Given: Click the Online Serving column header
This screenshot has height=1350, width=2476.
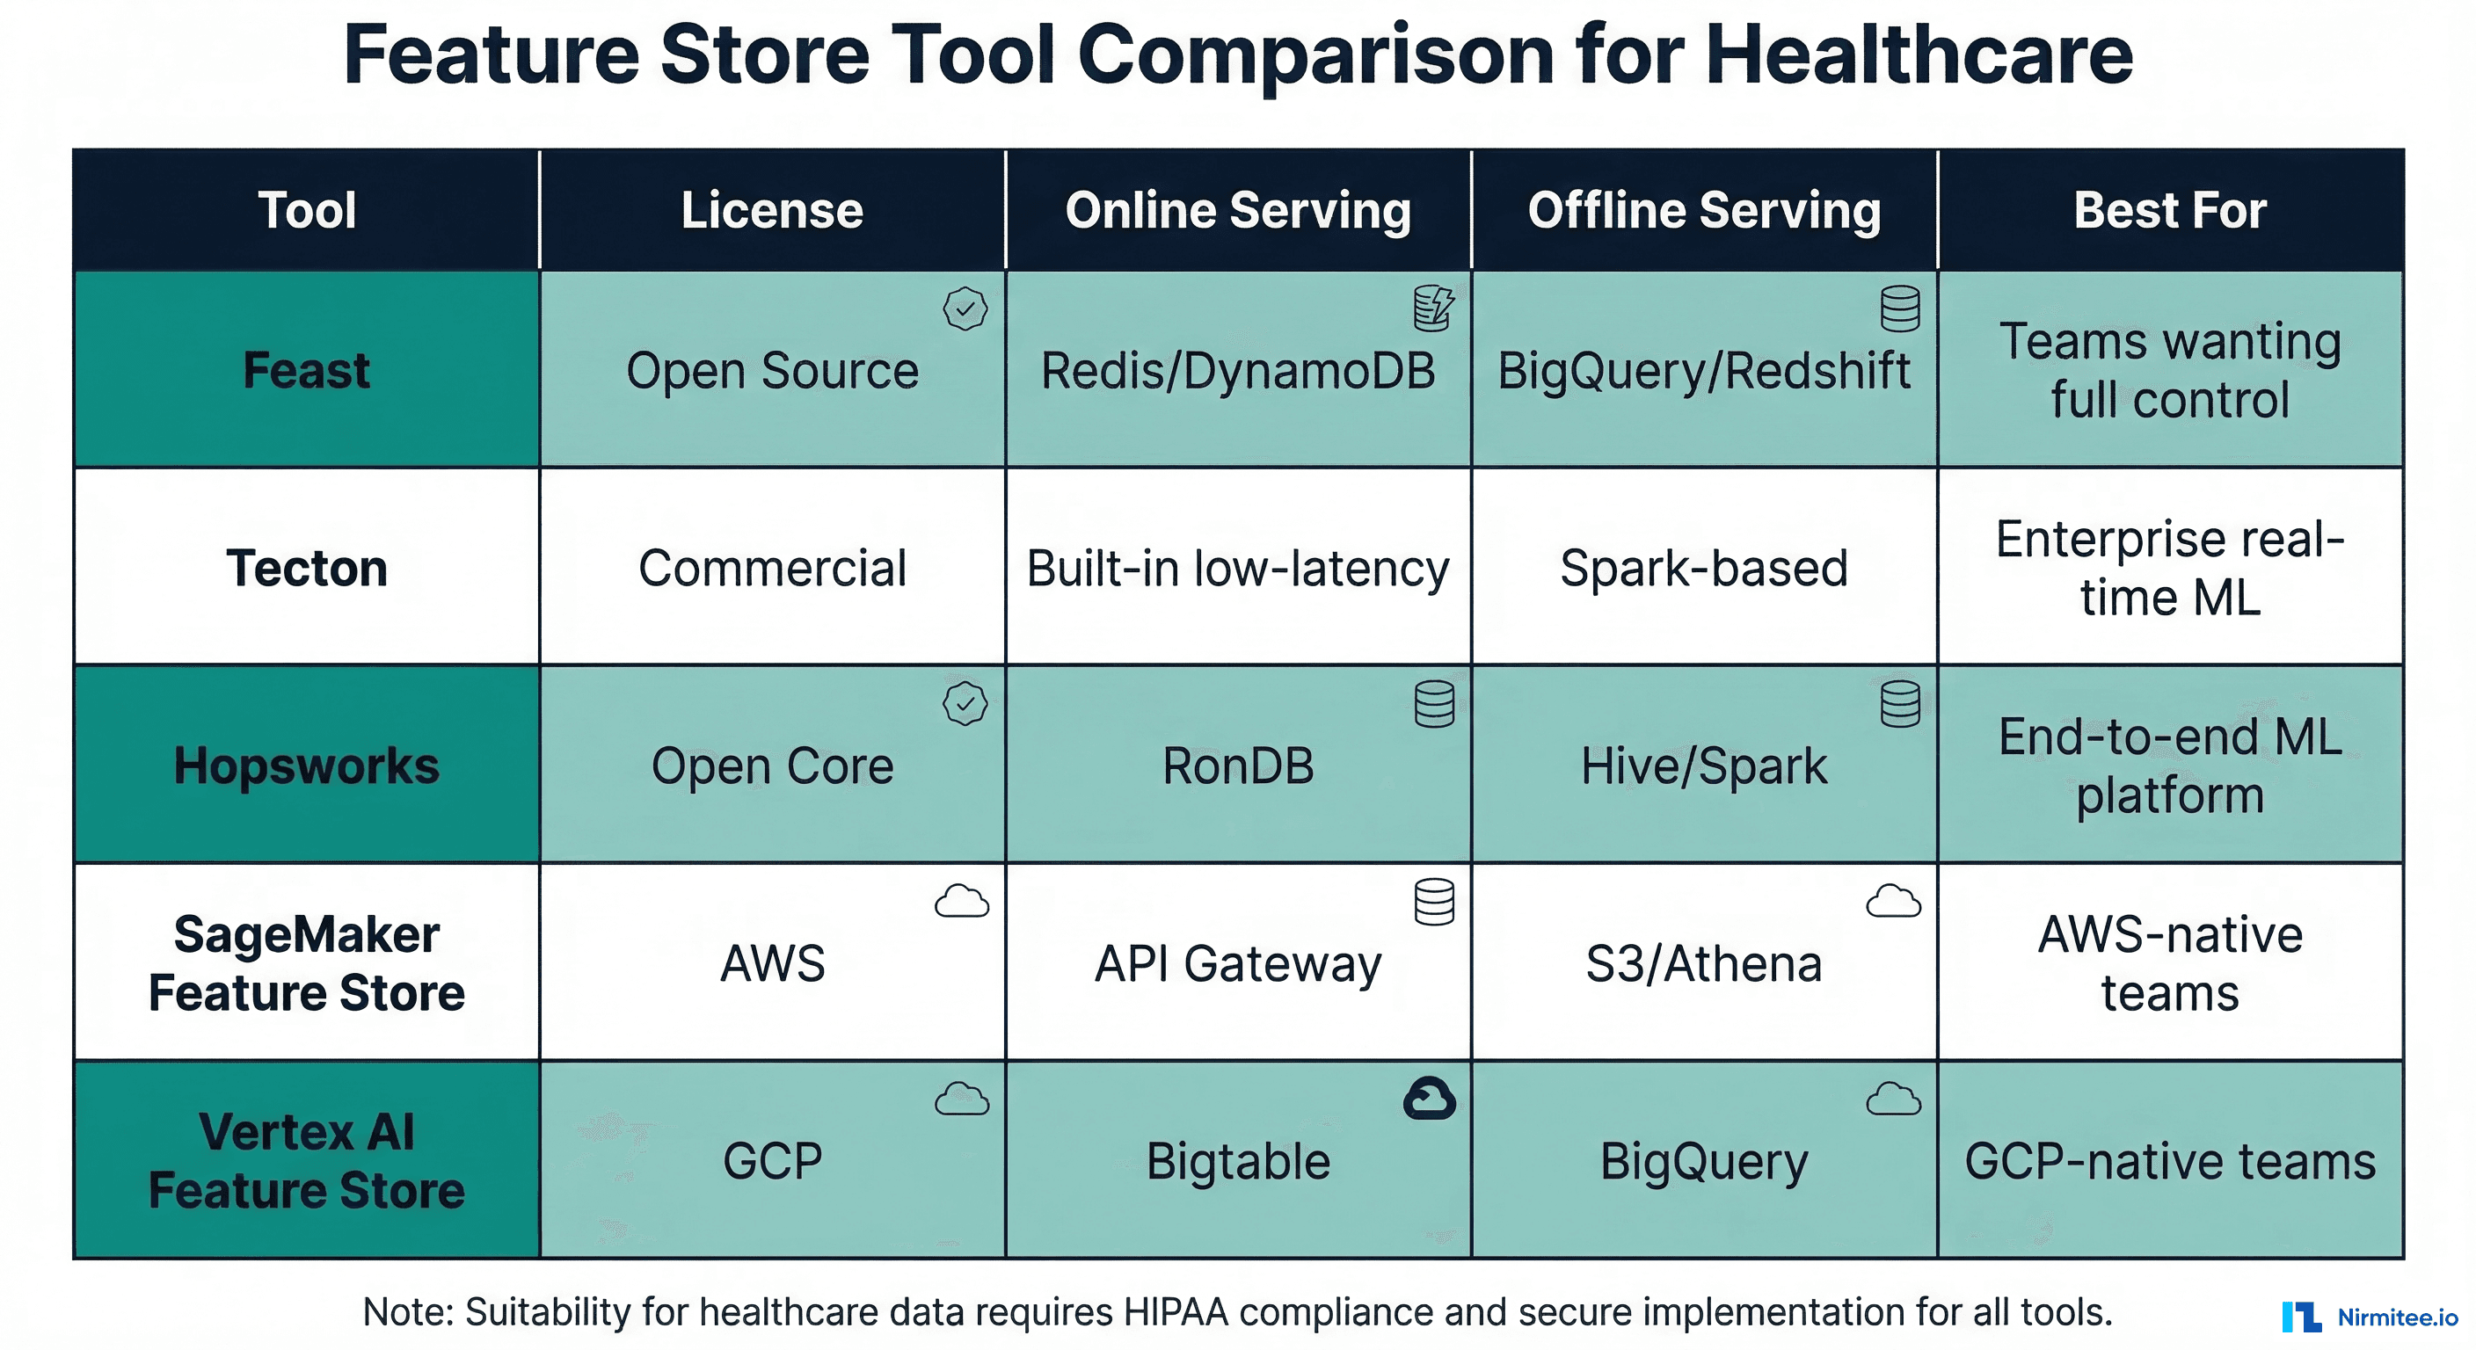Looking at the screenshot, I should [1237, 210].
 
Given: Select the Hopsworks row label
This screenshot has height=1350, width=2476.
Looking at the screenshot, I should [306, 766].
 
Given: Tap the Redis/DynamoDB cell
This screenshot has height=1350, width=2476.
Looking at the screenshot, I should [1237, 371].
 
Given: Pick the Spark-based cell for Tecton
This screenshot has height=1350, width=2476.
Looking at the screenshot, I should [1703, 568].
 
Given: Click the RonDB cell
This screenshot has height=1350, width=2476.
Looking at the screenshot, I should [1237, 766].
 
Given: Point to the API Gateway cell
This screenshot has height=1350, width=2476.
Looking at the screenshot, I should [1237, 964].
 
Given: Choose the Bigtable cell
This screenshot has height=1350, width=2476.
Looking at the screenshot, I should [1237, 1161].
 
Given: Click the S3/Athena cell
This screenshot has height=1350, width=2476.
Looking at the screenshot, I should [1703, 964].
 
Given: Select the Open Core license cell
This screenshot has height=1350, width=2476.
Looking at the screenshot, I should [772, 766].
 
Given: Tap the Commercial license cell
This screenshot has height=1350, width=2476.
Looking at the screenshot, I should [772, 568].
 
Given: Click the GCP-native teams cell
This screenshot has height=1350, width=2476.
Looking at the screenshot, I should [2169, 1161].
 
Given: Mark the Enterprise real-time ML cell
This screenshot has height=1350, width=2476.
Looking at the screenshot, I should [2169, 568].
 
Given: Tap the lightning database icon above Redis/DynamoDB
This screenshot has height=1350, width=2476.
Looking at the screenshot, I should [1433, 308].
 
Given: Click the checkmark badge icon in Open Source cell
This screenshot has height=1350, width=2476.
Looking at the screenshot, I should [965, 309].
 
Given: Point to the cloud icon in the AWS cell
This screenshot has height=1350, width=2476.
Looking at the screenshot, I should [961, 901].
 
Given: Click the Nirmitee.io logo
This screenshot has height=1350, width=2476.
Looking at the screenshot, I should [2370, 1317].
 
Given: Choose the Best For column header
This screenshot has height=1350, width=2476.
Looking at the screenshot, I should [2169, 210].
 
